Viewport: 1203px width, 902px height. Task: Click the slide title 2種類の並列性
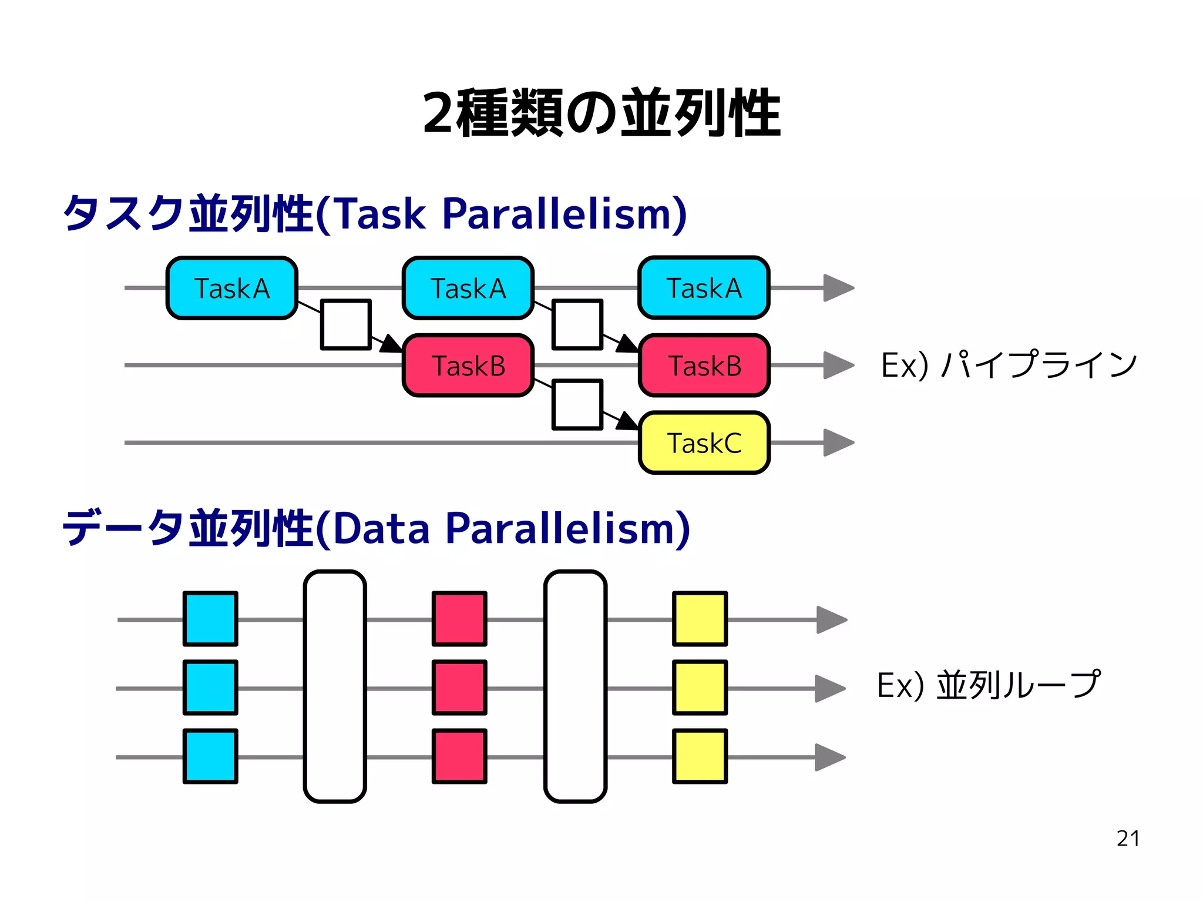601,113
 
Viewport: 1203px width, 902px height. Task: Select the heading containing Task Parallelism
375,213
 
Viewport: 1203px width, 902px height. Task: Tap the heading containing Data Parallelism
376,528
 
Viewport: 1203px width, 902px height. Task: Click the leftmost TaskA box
232,288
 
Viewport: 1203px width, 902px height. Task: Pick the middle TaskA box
468,288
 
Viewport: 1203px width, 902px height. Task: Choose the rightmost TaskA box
704,288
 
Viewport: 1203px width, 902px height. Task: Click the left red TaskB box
468,366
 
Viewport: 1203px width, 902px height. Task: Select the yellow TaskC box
704,443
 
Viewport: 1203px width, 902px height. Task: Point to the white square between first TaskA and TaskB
346,324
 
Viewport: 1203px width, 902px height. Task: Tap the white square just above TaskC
577,404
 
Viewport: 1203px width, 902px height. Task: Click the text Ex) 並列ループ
988,685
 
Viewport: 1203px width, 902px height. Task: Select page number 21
1128,839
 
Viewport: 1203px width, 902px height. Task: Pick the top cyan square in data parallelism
210,619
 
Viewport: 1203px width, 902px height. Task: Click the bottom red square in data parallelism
459,756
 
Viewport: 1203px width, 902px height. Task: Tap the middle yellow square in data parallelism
700,688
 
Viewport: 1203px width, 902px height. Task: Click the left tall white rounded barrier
335,686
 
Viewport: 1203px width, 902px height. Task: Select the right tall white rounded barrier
575,686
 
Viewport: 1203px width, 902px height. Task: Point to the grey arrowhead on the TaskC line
837,442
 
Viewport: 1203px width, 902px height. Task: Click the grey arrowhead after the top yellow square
831,619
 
